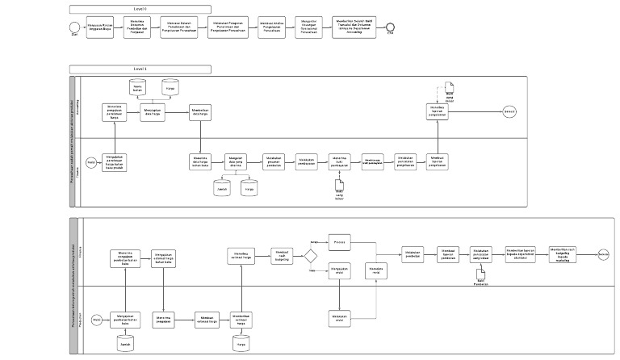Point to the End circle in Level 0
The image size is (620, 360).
point(391,27)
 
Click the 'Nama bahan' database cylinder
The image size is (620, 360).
point(136,86)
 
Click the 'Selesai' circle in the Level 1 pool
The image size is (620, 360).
point(509,111)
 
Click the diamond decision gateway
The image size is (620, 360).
point(308,256)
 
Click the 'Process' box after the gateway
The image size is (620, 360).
point(340,241)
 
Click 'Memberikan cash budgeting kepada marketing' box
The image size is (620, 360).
point(565,255)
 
